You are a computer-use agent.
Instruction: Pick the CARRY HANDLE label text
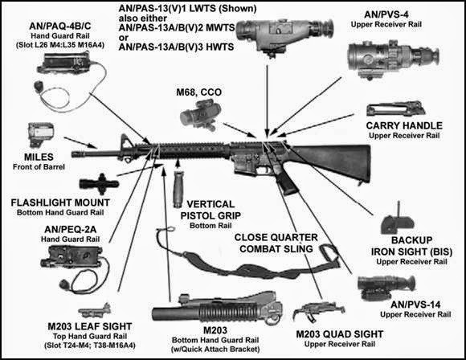(x=403, y=126)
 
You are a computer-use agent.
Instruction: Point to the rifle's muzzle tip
(x=75, y=152)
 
